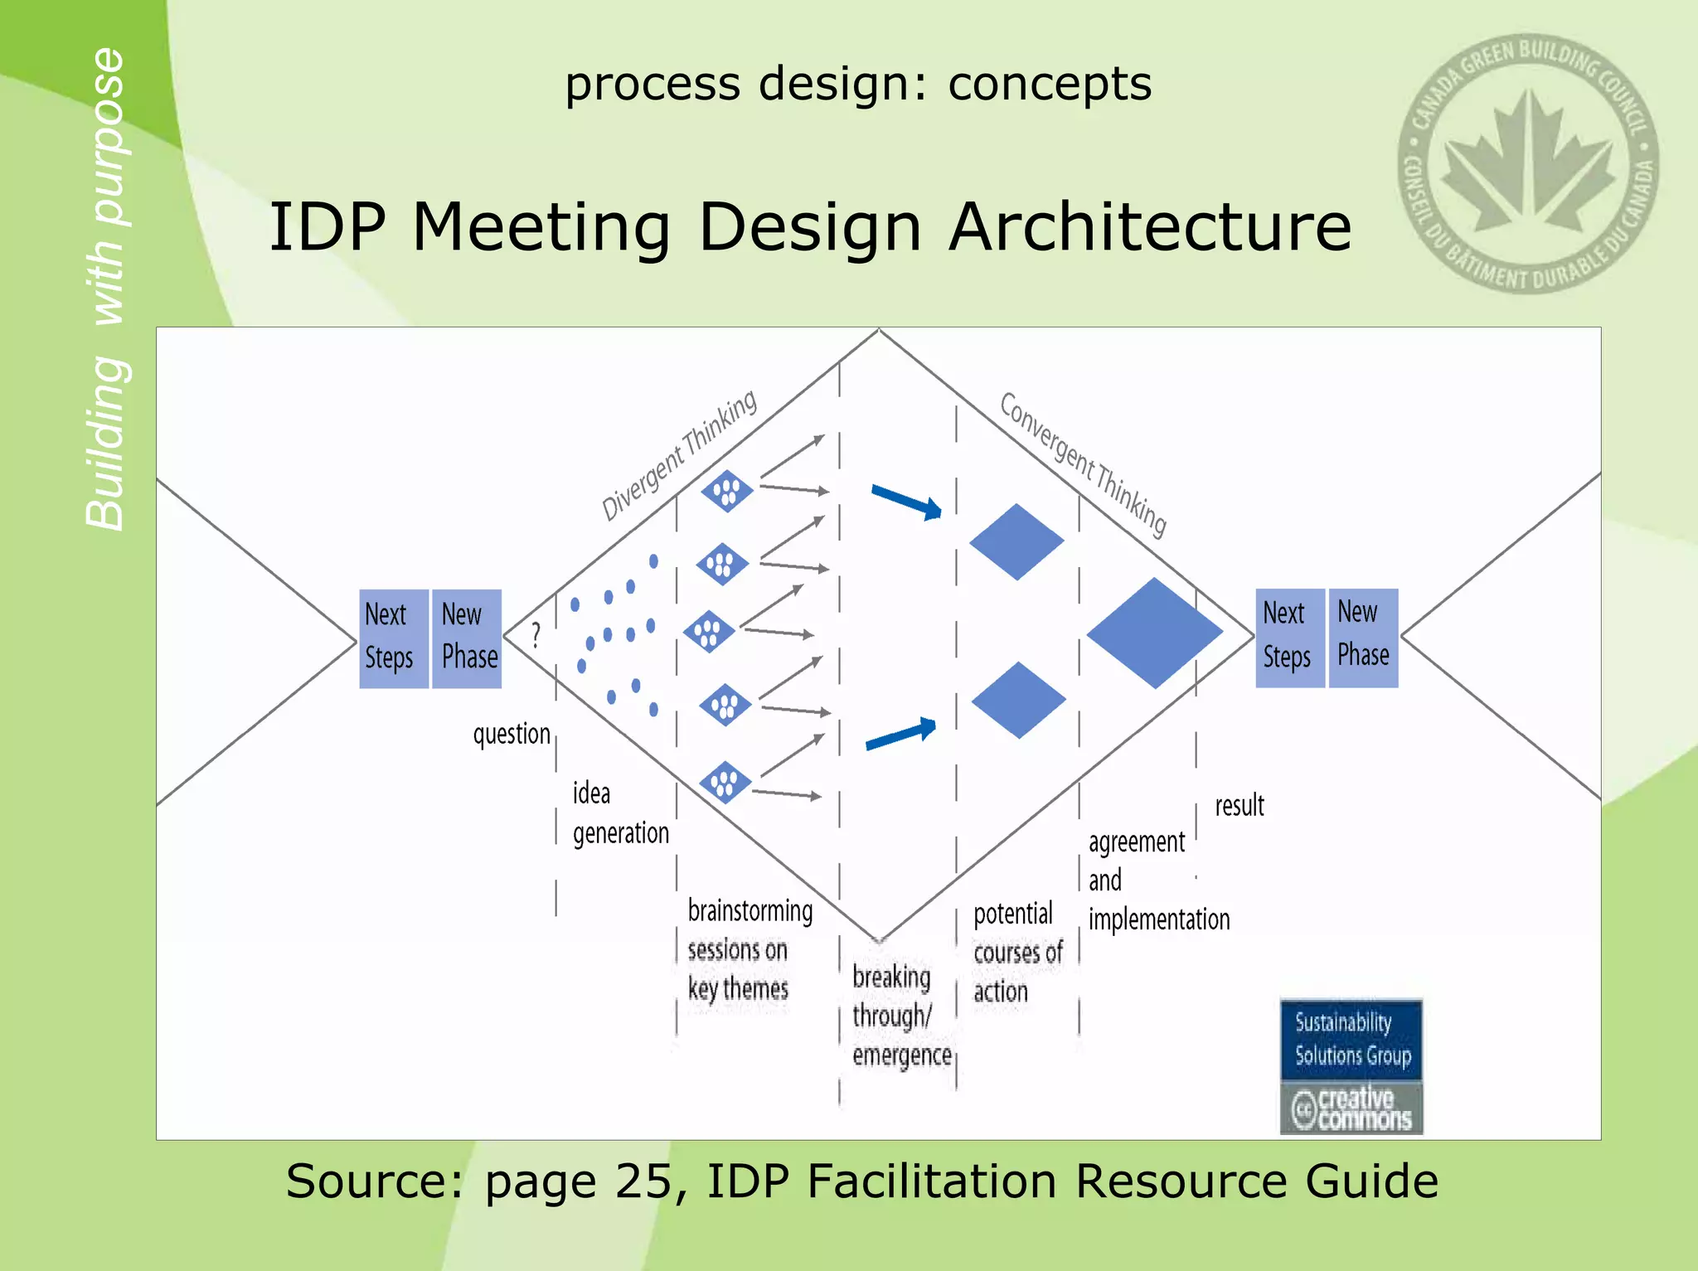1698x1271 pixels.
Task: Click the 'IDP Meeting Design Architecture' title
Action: [810, 226]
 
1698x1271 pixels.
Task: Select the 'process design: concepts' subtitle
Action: [857, 84]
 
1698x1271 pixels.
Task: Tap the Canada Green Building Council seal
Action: [1527, 163]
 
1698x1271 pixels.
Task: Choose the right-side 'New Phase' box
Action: [1362, 637]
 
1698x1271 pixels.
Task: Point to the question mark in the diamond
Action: [536, 635]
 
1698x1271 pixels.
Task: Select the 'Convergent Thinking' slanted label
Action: [1083, 463]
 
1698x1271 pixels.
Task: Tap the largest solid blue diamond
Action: [1154, 633]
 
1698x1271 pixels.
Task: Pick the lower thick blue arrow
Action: [901, 734]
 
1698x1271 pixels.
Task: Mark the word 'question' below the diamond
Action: [511, 734]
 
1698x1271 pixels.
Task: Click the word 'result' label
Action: [1239, 805]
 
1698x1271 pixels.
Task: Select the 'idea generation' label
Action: [619, 813]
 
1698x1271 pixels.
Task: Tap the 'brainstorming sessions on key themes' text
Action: [749, 949]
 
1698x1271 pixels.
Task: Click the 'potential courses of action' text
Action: [1016, 952]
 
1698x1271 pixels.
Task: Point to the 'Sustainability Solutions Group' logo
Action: [1351, 1039]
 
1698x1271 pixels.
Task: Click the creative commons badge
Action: [1351, 1108]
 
